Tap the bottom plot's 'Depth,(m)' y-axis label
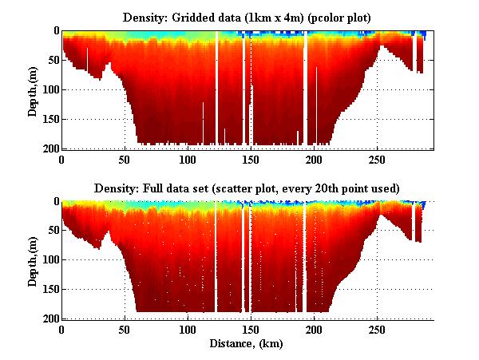pos(32,262)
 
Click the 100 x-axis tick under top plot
pos(188,159)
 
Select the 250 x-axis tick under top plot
pos(377,159)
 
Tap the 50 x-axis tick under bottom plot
pos(125,329)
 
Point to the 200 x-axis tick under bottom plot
pos(314,329)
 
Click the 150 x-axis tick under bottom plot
pos(251,329)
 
